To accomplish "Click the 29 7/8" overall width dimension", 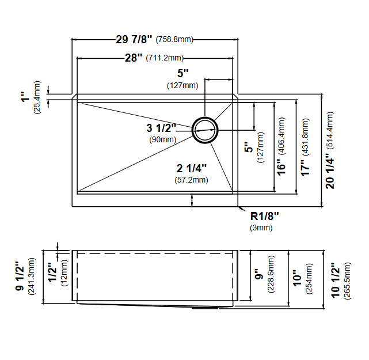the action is click(134, 39).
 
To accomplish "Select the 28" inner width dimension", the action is click(134, 58).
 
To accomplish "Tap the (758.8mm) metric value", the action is click(174, 39).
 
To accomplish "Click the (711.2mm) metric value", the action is click(165, 58).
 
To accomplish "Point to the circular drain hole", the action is click(205, 130).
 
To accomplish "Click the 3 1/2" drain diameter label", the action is click(161, 128).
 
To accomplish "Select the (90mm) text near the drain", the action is click(163, 139).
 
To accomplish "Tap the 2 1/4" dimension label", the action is click(192, 169).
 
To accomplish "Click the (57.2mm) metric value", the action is click(191, 180).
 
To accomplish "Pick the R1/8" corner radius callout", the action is click(264, 216).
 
